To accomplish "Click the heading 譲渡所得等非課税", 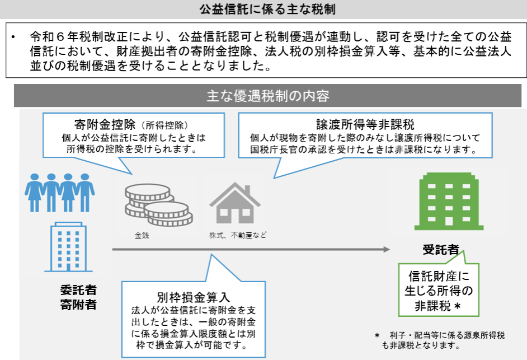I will pos(365,124).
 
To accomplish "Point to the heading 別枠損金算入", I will pos(194,297).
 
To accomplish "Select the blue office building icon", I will pos(69,247).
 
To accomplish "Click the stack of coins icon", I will pos(157,205).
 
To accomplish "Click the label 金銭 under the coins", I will pos(142,235).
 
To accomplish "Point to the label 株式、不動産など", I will pos(234,235).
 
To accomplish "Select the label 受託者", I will pos(441,250).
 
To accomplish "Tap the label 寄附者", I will pos(78,305).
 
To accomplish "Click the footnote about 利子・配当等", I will pos(442,340).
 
